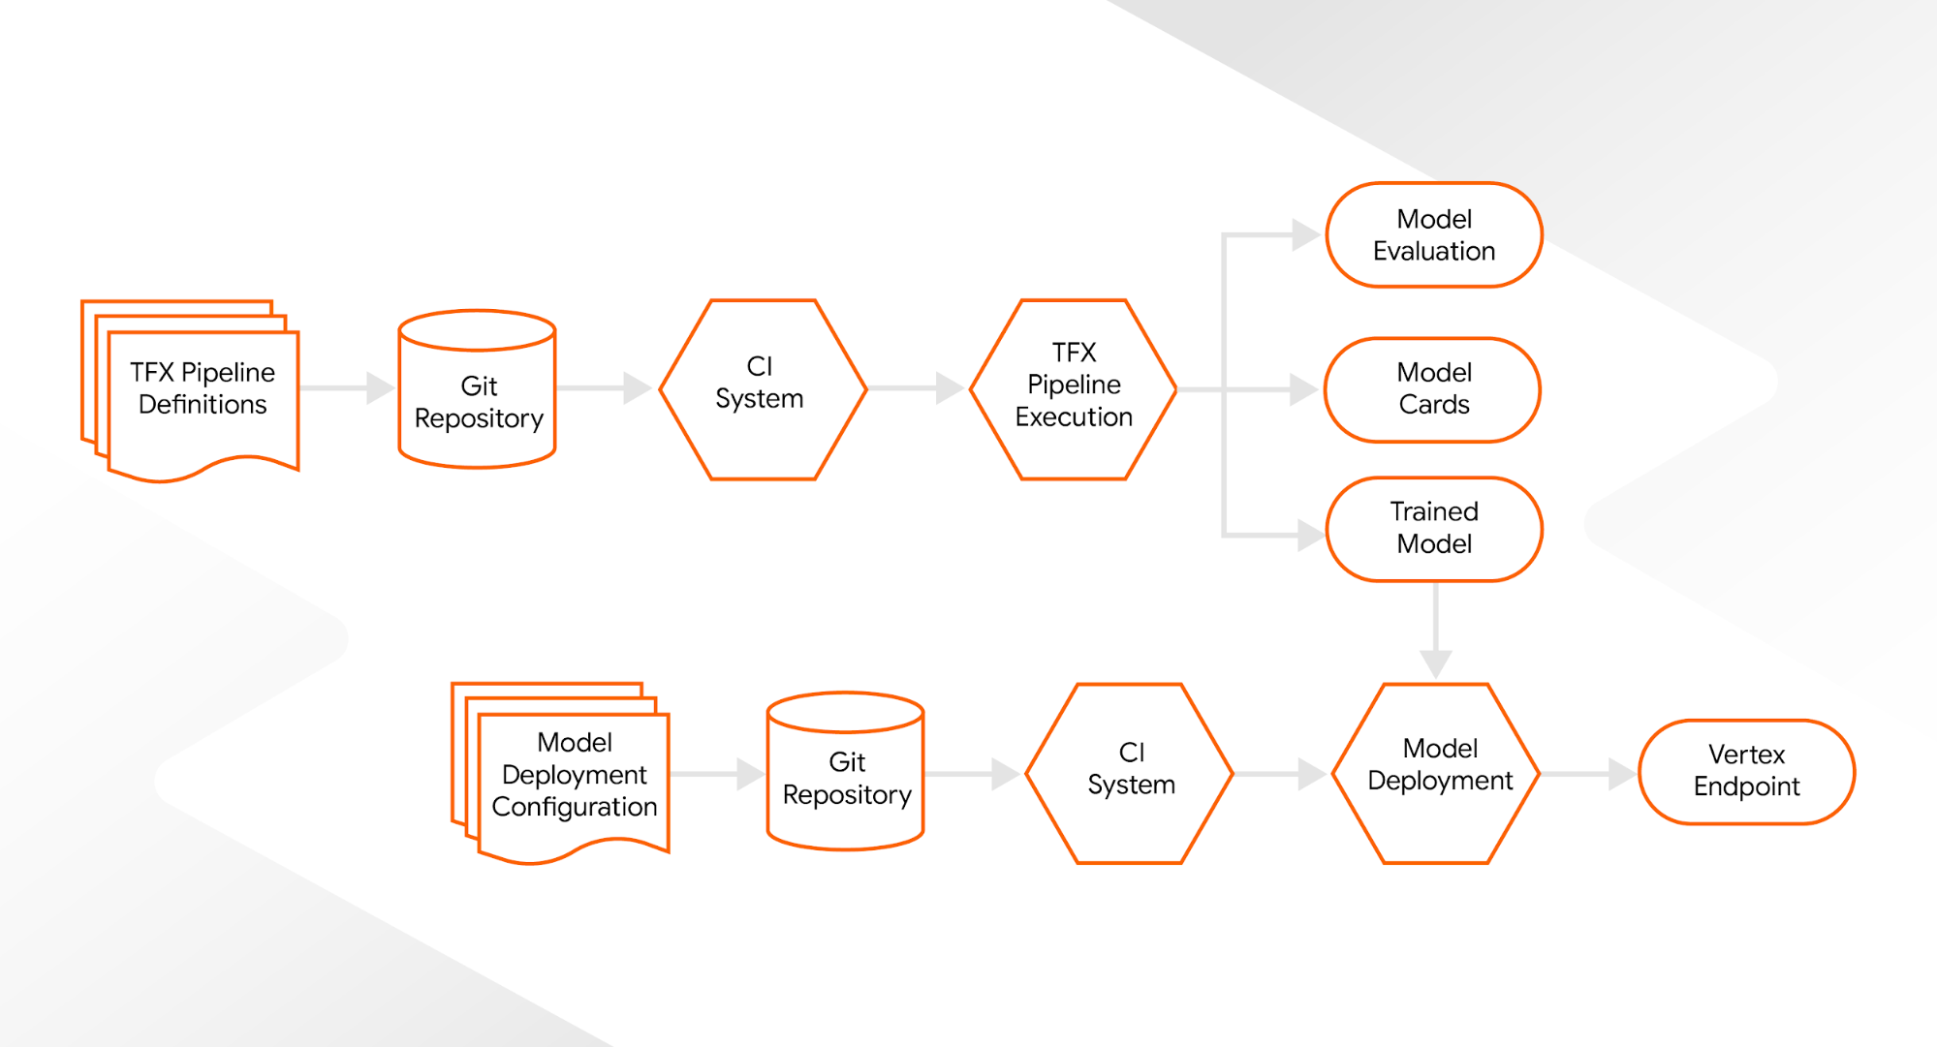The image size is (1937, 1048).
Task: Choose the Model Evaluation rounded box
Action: (x=1434, y=235)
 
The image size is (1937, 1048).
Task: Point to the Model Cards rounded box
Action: (x=1433, y=389)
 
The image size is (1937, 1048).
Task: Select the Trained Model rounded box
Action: (x=1434, y=529)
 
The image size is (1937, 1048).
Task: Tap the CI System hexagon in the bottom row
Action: (x=1130, y=773)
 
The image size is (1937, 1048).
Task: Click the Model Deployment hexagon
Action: (x=1436, y=773)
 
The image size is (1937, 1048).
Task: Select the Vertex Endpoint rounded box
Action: (x=1746, y=772)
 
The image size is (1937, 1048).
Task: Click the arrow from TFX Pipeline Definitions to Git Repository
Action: (x=344, y=388)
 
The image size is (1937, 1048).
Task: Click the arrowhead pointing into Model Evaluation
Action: (x=1304, y=234)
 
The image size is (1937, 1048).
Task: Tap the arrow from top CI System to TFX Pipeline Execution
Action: (x=915, y=388)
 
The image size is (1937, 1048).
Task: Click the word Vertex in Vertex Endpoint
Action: (x=1746, y=755)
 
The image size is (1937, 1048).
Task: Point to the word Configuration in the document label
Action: (x=575, y=807)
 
